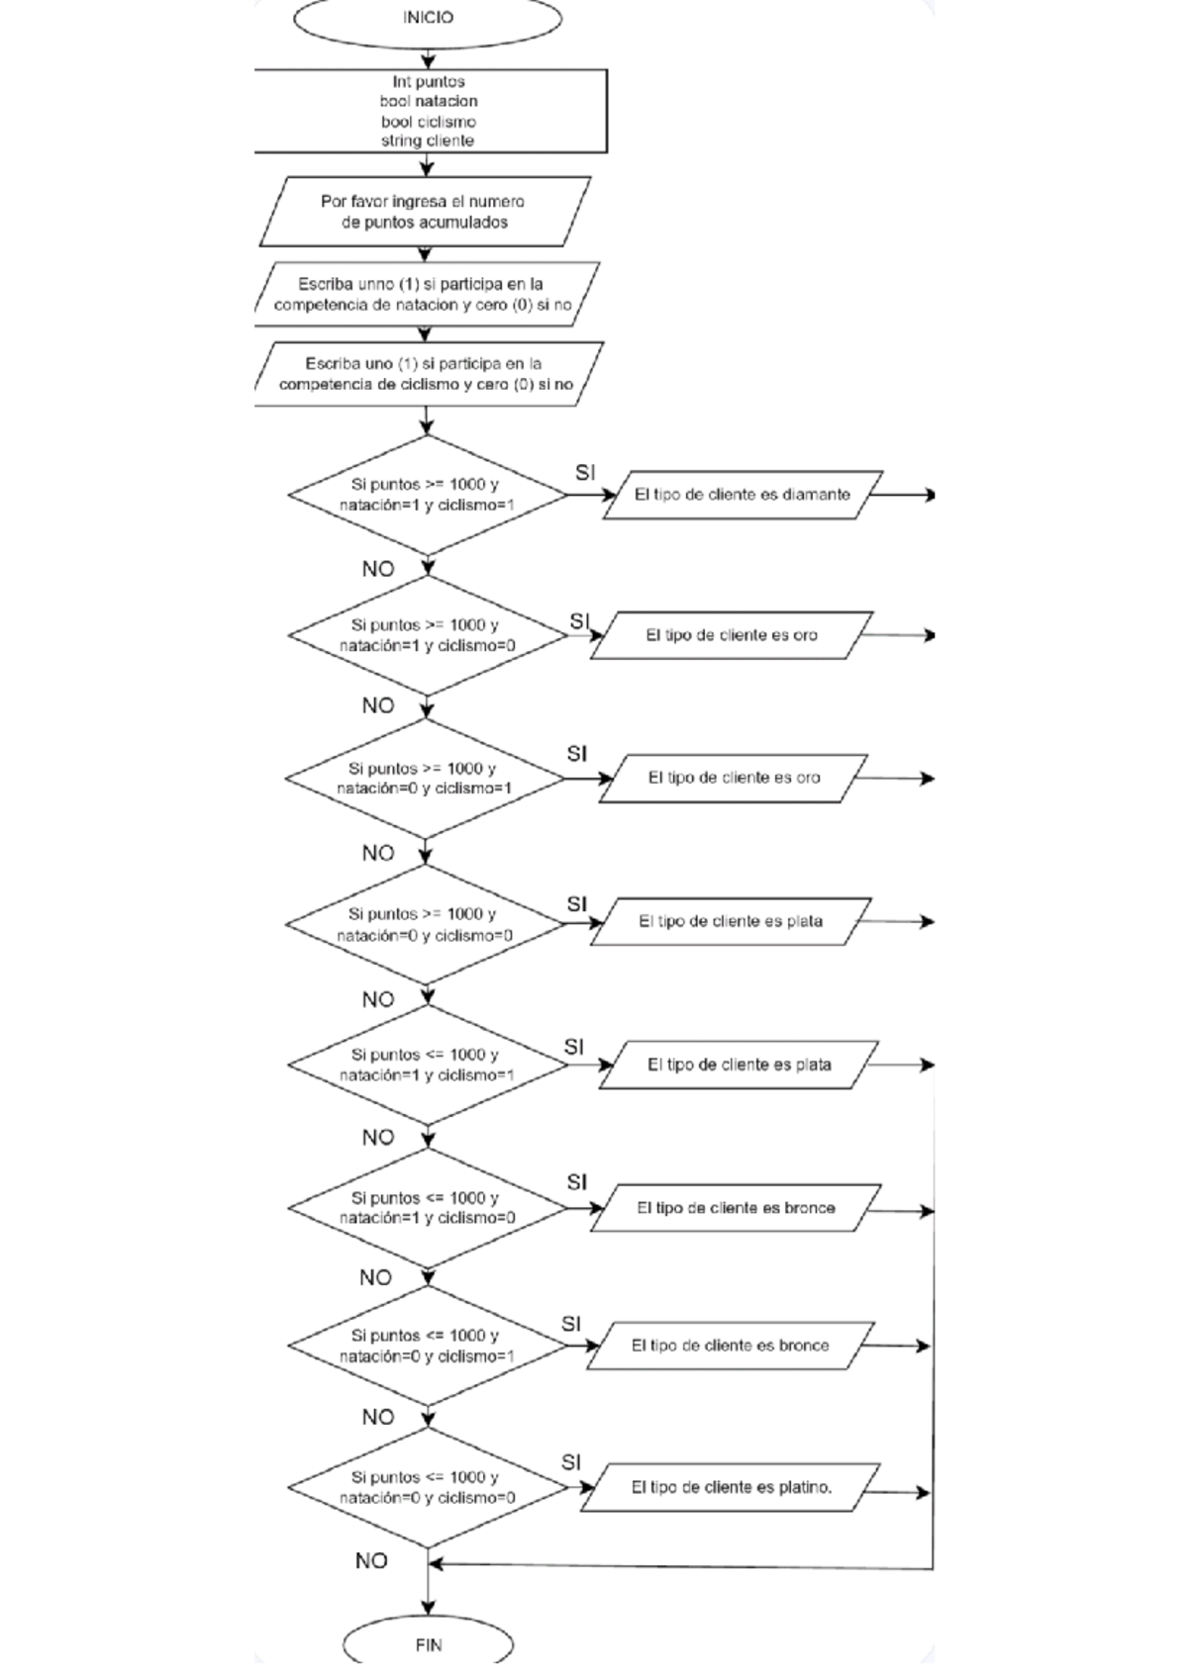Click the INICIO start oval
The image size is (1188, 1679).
click(x=428, y=18)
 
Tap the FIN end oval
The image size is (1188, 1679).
click(x=428, y=1644)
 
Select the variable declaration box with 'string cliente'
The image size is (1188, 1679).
click(x=428, y=111)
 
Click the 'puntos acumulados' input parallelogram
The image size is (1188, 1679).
click(x=424, y=212)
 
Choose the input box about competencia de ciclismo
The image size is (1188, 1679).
click(x=426, y=374)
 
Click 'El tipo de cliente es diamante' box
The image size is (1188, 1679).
click(x=742, y=495)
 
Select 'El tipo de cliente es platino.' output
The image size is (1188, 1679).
click(x=731, y=1487)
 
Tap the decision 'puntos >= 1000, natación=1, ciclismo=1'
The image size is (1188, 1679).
click(x=426, y=495)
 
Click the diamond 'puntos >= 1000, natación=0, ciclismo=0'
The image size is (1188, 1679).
click(x=426, y=924)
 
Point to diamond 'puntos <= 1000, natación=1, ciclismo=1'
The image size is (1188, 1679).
click(x=426, y=1065)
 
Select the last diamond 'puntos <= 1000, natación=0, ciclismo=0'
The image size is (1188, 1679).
click(x=426, y=1487)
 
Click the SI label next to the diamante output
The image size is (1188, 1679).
click(x=585, y=473)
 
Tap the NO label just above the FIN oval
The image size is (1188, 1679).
click(x=371, y=1561)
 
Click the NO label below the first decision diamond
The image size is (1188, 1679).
click(x=378, y=569)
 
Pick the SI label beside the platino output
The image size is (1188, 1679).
click(x=571, y=1462)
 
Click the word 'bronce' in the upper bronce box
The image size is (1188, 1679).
click(x=810, y=1208)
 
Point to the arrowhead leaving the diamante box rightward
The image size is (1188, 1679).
click(x=929, y=495)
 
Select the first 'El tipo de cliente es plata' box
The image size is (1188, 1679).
click(x=731, y=921)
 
